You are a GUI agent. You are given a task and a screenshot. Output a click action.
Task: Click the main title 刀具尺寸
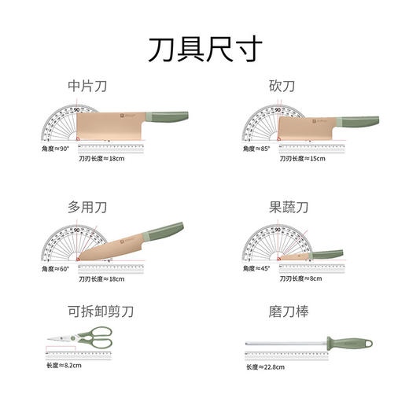(x=204, y=48)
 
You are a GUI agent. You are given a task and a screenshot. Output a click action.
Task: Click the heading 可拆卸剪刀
(x=101, y=312)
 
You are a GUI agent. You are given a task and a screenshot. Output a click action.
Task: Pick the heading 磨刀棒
(x=286, y=312)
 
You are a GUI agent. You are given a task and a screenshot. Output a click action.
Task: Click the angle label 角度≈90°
(x=57, y=148)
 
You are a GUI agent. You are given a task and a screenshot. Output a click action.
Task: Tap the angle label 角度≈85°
(x=258, y=149)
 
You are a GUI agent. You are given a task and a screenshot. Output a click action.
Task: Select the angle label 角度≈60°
(x=57, y=269)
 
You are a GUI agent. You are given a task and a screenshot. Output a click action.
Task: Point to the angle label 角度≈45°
(x=258, y=269)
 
